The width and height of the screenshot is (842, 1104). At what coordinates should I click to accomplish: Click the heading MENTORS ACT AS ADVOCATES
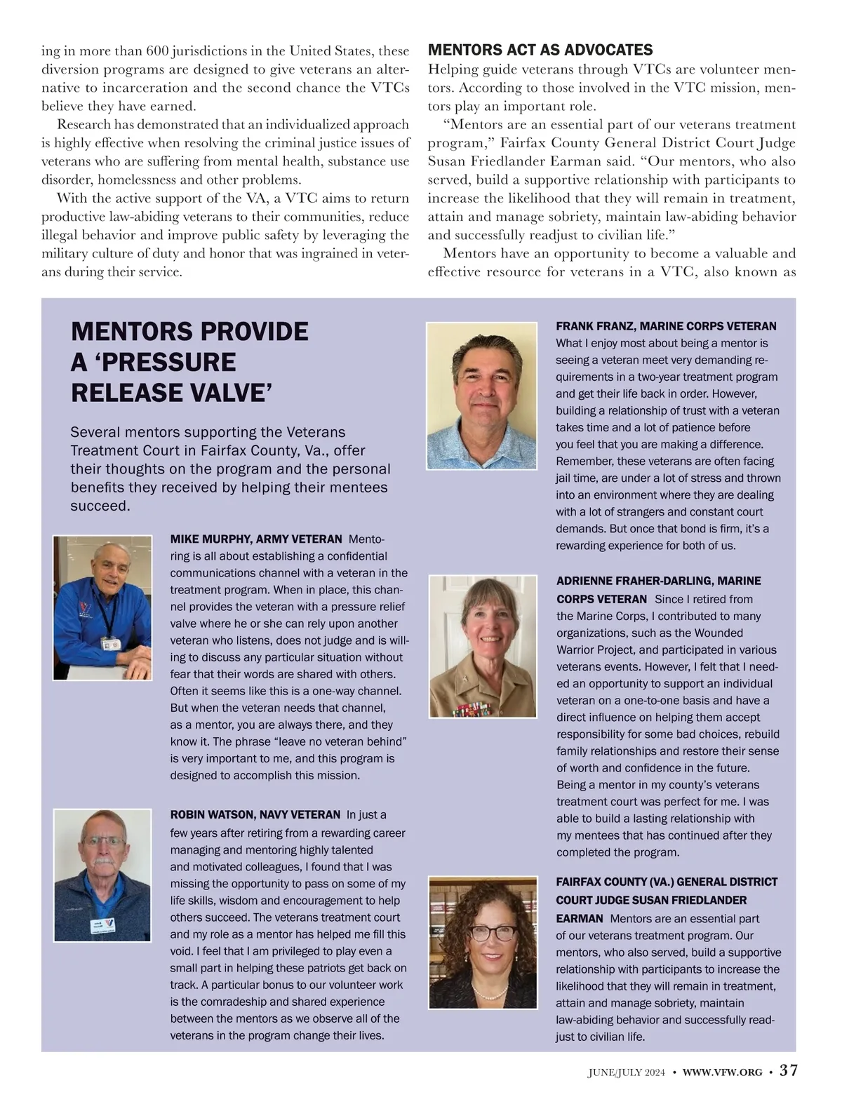pos(540,50)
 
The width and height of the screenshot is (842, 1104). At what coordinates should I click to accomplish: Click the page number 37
pos(789,1070)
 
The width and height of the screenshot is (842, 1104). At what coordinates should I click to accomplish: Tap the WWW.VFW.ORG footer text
pos(722,1072)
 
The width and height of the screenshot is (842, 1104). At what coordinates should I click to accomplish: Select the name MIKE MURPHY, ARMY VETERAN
pos(255,539)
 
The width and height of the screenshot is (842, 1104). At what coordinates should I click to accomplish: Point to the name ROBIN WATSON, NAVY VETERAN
pos(255,814)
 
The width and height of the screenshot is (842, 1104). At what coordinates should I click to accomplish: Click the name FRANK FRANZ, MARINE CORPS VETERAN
pos(666,326)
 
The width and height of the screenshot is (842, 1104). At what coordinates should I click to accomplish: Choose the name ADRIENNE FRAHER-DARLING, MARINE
pos(658,581)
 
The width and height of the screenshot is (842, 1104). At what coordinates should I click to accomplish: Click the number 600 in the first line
pos(157,51)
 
